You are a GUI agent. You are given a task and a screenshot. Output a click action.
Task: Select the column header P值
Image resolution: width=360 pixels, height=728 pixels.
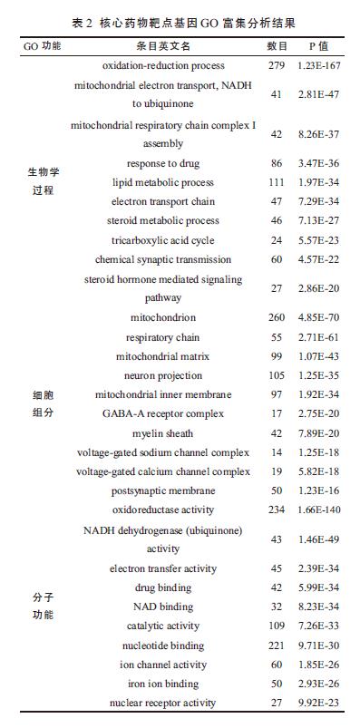tap(317, 45)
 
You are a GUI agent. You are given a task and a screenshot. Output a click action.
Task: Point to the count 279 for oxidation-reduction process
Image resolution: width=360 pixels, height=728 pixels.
tap(276, 66)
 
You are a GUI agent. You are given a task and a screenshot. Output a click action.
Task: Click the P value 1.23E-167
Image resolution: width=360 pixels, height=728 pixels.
tap(318, 66)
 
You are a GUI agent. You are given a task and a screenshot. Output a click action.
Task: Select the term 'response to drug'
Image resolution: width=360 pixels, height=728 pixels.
tap(162, 163)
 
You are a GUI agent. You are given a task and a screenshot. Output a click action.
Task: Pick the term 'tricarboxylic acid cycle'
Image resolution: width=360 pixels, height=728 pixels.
tap(162, 240)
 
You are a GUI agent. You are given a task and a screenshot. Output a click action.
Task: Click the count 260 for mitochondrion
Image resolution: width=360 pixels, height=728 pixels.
tap(276, 318)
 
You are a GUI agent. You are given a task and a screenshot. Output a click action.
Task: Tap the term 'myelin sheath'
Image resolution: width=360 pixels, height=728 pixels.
tap(162, 433)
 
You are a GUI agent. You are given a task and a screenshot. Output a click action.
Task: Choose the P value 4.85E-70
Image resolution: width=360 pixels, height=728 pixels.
tap(318, 318)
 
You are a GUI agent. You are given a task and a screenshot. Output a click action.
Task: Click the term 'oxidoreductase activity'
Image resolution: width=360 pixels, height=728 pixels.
tap(162, 510)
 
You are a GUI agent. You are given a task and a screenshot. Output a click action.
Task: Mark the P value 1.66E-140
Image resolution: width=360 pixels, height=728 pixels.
tap(318, 510)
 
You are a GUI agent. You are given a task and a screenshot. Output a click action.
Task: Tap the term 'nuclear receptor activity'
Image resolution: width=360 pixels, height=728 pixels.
tap(162, 703)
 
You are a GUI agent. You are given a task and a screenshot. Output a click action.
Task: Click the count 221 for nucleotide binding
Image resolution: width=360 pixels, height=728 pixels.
tap(276, 645)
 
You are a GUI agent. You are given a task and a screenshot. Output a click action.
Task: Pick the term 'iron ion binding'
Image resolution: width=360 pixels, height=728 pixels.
tap(162, 684)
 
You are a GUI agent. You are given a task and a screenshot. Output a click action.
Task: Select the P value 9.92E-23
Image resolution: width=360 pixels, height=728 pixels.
tap(318, 703)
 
